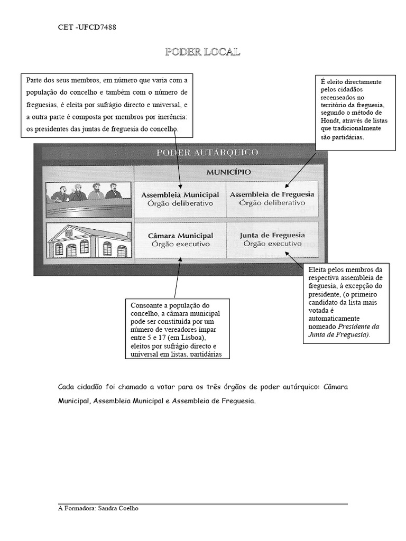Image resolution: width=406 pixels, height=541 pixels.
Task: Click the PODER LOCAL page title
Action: (202, 52)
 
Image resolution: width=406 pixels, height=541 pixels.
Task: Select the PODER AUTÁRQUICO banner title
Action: (207, 153)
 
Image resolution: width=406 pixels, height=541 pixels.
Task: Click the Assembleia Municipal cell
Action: (180, 199)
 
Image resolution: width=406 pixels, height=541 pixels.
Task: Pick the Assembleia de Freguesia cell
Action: (272, 198)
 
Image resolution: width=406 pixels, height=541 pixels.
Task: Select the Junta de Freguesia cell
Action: (272, 239)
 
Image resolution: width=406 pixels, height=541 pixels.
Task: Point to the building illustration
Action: (87, 240)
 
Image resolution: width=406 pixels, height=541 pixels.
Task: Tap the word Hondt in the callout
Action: (330, 120)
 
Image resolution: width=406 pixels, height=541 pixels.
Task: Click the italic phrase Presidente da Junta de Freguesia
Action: (344, 330)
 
